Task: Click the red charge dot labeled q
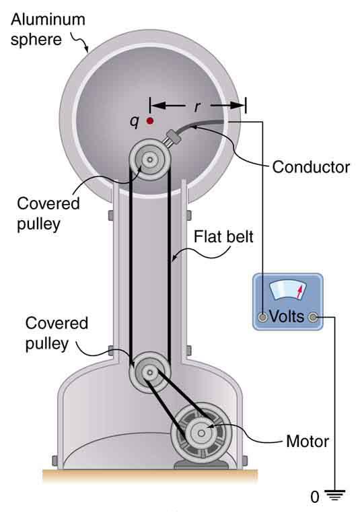pyautogui.click(x=150, y=121)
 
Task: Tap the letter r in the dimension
pyautogui.click(x=196, y=106)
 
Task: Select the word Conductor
pyautogui.click(x=311, y=167)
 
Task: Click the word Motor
pyautogui.click(x=308, y=442)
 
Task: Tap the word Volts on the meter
pyautogui.click(x=287, y=316)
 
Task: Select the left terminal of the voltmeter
pyautogui.click(x=262, y=316)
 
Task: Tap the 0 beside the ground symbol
pyautogui.click(x=314, y=499)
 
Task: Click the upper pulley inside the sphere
pyautogui.click(x=149, y=161)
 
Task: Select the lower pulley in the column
pyautogui.click(x=148, y=372)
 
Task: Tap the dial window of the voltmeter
pyautogui.click(x=287, y=291)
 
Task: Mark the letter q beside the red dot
pyautogui.click(x=135, y=121)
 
